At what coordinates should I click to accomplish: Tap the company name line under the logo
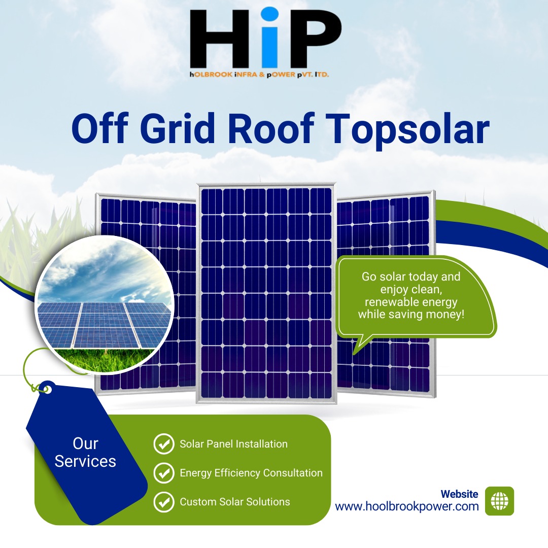pyautogui.click(x=259, y=75)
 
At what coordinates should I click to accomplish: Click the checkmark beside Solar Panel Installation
pyautogui.click(x=164, y=444)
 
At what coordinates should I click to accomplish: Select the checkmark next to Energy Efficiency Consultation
pyautogui.click(x=164, y=473)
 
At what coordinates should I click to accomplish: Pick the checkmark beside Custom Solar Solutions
pyautogui.click(x=164, y=502)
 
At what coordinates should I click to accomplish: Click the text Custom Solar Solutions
pyautogui.click(x=235, y=502)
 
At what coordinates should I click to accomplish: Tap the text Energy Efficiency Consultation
pyautogui.click(x=251, y=473)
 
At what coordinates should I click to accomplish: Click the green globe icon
pyautogui.click(x=499, y=501)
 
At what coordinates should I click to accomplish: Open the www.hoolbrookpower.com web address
pyautogui.click(x=407, y=506)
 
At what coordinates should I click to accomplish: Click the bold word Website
pyautogui.click(x=459, y=494)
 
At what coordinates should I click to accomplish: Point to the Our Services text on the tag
pyautogui.click(x=85, y=452)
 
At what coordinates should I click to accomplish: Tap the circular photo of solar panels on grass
pyautogui.click(x=104, y=304)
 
